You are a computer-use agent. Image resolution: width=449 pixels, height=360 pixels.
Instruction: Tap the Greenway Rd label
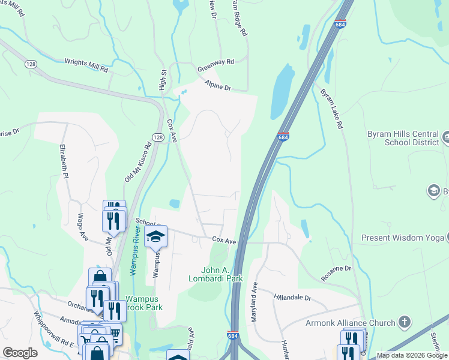216,65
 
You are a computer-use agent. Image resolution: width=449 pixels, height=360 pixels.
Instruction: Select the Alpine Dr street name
217,85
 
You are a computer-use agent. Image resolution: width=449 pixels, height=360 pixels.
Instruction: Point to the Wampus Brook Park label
144,303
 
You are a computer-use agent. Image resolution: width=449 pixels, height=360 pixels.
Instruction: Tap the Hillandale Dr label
293,297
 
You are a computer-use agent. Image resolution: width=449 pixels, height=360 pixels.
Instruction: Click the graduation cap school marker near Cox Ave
155,237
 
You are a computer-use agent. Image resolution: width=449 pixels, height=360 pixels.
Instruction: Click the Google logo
20,353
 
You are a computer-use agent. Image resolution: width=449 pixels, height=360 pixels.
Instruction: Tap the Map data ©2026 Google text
412,356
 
